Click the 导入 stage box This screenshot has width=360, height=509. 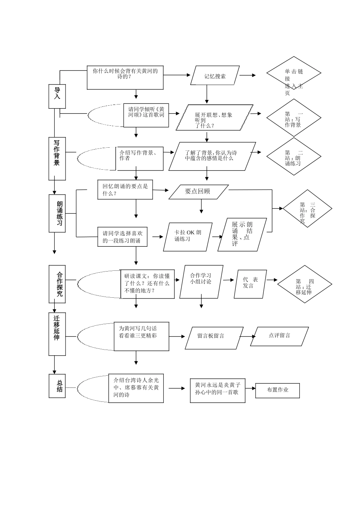(57, 96)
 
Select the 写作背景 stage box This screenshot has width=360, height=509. (57, 159)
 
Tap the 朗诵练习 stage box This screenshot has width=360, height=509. (57, 214)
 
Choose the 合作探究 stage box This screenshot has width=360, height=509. (57, 284)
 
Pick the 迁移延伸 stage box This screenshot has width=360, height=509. (57, 334)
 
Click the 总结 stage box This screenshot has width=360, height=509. (57, 386)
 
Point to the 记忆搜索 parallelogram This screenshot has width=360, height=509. (215, 76)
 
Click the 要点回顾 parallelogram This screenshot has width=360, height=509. (198, 192)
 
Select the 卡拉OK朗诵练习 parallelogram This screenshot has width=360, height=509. (188, 237)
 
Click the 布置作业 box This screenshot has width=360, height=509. (277, 390)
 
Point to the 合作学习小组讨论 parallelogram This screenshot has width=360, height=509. (201, 281)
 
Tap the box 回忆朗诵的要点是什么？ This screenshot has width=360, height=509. (125, 190)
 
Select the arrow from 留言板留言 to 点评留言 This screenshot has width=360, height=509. (248, 336)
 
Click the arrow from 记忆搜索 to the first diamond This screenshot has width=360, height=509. (248, 75)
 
